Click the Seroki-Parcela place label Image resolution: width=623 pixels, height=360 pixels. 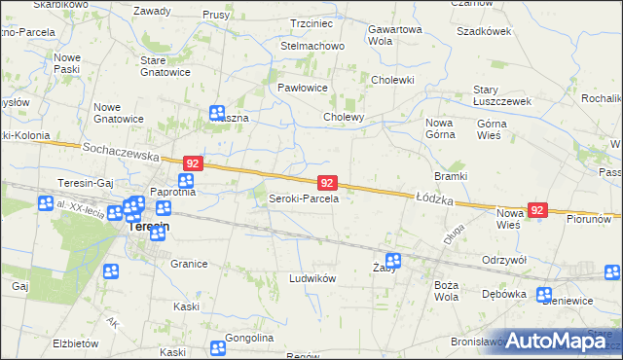303,198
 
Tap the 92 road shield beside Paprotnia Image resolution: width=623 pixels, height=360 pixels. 194,163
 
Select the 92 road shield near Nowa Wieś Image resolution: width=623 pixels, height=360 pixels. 538,210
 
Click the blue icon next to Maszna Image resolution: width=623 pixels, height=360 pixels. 217,113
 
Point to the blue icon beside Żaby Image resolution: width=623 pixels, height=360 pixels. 393,260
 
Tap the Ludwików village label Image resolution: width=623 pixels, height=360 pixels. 312,278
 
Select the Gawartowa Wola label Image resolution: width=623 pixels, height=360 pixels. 394,35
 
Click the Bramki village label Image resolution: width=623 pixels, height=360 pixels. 452,176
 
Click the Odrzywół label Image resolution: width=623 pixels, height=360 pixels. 504,260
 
